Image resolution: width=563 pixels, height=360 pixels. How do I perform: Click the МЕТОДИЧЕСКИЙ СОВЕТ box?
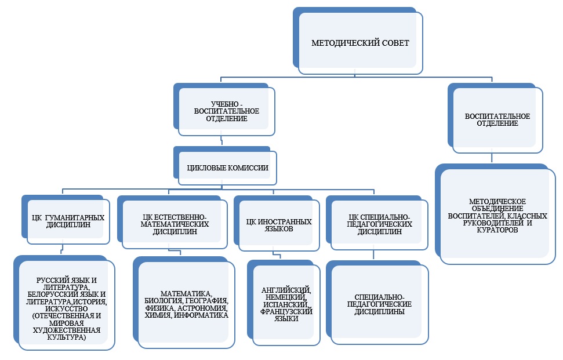(x=361, y=43)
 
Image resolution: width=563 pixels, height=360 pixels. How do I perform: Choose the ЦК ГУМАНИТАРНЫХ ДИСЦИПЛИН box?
(x=68, y=221)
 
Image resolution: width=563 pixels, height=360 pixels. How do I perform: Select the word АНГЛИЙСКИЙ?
(x=284, y=290)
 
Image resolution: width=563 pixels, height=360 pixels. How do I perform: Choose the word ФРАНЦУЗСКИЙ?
(x=284, y=311)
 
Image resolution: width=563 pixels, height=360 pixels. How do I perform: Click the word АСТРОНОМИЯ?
(x=204, y=308)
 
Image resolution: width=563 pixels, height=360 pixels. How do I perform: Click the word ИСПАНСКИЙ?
(x=284, y=304)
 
